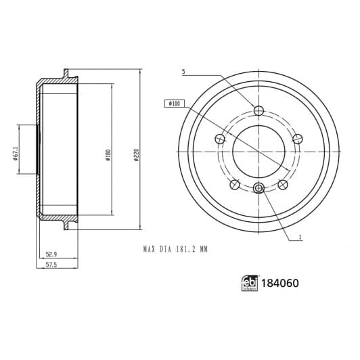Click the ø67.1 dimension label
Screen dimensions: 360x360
click(14, 154)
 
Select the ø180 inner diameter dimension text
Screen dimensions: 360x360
click(108, 154)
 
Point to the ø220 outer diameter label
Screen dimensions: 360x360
click(136, 154)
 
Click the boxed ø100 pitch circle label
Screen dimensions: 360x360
click(173, 104)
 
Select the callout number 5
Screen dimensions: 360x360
click(183, 72)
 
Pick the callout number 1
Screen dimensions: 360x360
click(300, 238)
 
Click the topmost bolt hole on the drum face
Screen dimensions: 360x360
click(258, 111)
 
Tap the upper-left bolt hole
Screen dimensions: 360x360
click(220, 139)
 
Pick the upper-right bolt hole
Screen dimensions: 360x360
click(297, 139)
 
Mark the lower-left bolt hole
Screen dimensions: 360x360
click(235, 184)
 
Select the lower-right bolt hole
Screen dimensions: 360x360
click(282, 184)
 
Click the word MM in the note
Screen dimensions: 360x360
click(204, 250)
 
